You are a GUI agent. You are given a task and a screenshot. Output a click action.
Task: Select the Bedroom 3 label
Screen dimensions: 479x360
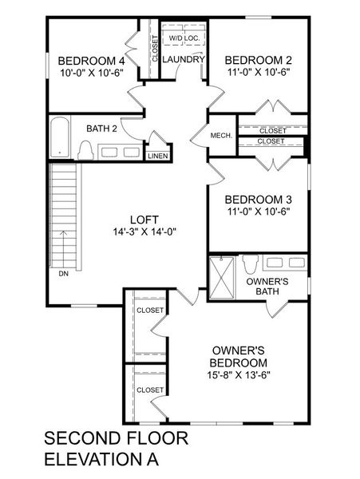(258, 199)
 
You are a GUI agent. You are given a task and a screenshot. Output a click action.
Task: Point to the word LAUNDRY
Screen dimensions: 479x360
(184, 60)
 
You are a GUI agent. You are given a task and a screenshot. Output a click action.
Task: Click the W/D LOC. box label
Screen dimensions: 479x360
(184, 38)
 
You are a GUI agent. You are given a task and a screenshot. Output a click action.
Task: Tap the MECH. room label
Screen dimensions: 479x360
(221, 136)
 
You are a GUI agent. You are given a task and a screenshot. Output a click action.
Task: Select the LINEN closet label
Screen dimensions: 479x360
(157, 156)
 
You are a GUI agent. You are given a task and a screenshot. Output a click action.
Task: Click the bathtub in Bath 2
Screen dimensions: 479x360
(60, 138)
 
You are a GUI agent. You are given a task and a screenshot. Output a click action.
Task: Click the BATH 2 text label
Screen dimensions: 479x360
(101, 128)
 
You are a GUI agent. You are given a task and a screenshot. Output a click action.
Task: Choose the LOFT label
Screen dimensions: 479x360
(145, 220)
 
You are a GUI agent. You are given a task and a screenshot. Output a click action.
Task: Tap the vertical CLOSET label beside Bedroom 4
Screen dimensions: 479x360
(154, 49)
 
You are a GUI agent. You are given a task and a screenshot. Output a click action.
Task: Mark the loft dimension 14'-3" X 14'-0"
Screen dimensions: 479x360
(145, 232)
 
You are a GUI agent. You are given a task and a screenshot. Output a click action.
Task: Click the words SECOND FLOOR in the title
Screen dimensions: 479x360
(116, 438)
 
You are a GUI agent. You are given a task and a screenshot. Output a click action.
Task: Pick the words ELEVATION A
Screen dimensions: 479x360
(101, 460)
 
